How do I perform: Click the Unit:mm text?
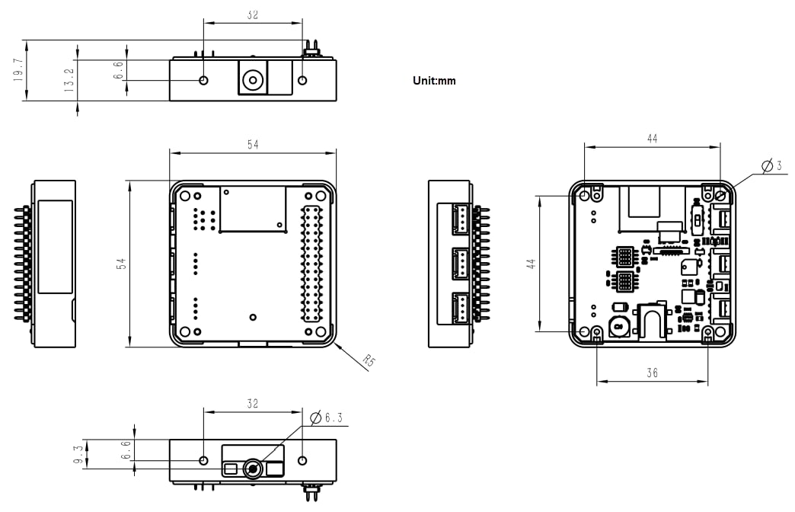(434, 81)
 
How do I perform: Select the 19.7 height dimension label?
(18, 71)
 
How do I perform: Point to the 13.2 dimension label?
(69, 80)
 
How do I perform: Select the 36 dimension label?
(652, 373)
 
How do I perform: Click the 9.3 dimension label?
(78, 454)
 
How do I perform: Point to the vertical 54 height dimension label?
(121, 263)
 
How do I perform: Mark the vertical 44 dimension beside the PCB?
(532, 264)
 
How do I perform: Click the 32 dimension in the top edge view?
(252, 14)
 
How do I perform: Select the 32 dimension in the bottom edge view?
(252, 404)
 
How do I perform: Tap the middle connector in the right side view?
(459, 263)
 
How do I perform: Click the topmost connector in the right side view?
(459, 218)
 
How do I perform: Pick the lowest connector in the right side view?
(459, 308)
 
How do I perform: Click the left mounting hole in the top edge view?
(203, 80)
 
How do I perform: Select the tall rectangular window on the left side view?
(55, 247)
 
